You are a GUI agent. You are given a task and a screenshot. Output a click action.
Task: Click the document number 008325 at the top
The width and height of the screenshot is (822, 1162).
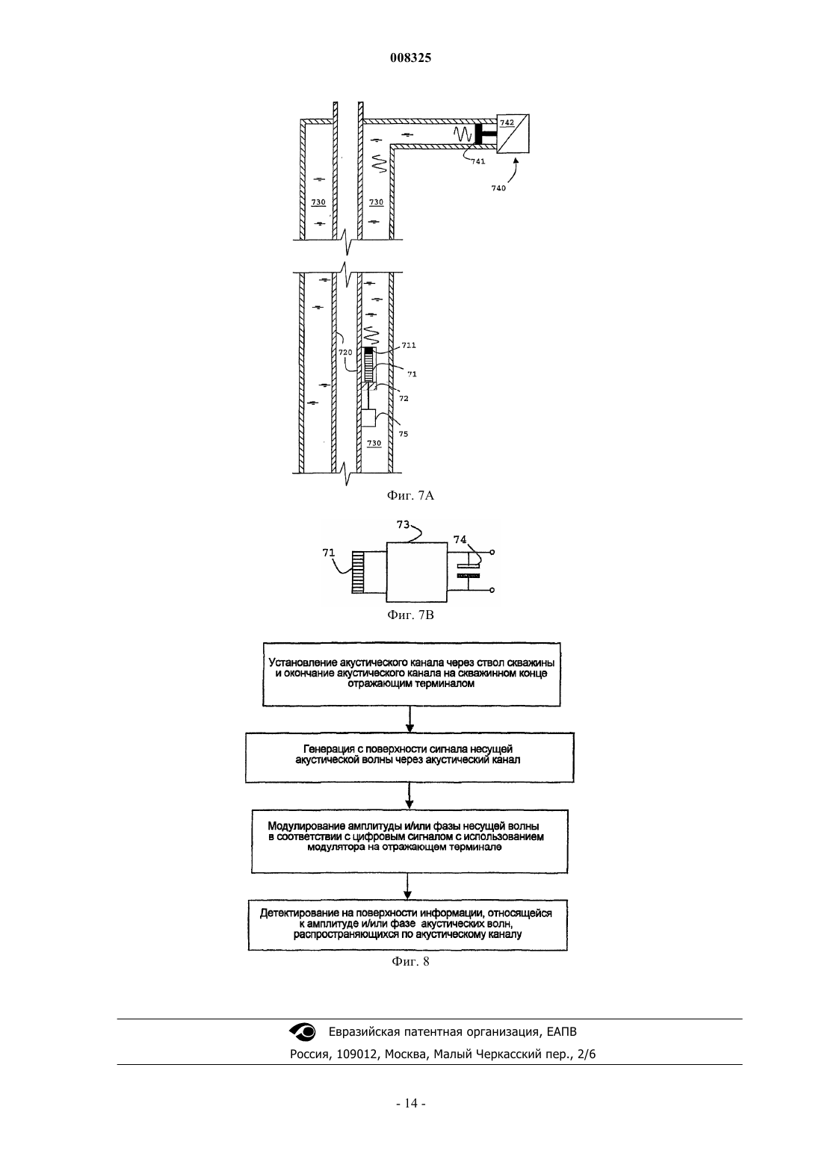point(410,58)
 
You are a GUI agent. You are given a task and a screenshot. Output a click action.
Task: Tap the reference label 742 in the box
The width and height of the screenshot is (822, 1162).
point(507,122)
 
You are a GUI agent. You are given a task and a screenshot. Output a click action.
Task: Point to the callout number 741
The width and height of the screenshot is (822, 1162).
point(478,161)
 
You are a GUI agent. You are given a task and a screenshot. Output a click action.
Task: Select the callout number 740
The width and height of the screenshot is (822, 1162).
point(498,188)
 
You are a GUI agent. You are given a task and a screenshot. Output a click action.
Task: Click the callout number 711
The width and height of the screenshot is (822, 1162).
point(409,345)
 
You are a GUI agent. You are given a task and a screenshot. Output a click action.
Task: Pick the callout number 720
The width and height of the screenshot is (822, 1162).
point(345,352)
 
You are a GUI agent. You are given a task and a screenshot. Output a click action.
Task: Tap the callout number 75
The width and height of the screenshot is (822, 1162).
point(404,434)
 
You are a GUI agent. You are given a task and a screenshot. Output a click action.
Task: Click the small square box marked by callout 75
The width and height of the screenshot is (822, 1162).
point(368,417)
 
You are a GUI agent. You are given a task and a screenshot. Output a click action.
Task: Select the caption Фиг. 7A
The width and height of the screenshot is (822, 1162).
point(410,496)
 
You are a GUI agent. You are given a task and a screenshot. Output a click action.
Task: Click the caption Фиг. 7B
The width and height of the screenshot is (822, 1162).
point(410,615)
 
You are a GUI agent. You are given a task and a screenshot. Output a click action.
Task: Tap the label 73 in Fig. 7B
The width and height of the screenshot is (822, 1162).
point(403,524)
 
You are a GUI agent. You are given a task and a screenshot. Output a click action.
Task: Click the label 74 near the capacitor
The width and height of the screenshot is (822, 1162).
point(460,539)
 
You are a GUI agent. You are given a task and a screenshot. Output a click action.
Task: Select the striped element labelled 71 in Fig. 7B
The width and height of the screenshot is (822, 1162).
point(358,571)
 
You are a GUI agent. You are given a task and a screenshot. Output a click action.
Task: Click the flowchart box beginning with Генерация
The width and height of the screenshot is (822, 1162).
point(410,757)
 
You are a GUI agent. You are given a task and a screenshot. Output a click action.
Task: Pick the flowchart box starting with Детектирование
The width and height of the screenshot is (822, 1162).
point(408,925)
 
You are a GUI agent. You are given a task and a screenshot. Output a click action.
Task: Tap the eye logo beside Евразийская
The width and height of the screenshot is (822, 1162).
point(303,1031)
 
